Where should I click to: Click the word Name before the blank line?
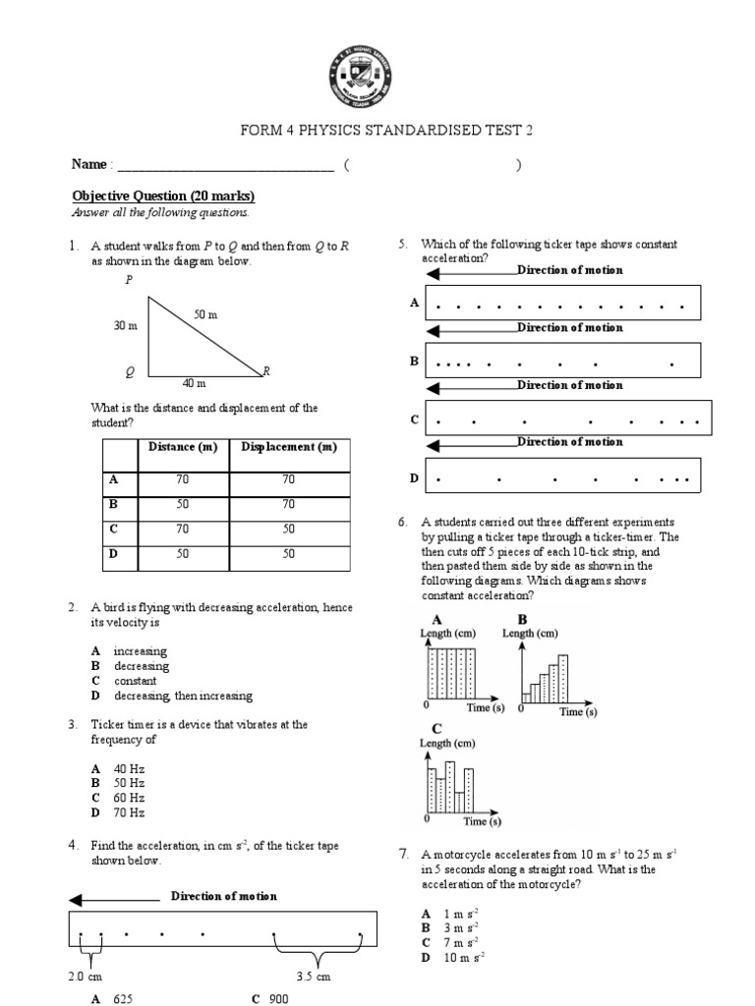89,165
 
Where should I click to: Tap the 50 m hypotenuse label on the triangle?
205,313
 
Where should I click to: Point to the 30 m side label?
127,324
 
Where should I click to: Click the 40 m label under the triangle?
194,384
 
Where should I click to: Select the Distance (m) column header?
182,447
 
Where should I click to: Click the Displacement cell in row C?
288,528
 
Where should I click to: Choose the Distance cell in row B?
182,503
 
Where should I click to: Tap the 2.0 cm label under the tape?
85,977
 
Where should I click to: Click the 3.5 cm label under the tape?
314,977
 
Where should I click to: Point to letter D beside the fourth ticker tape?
414,478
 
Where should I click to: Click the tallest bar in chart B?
562,677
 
